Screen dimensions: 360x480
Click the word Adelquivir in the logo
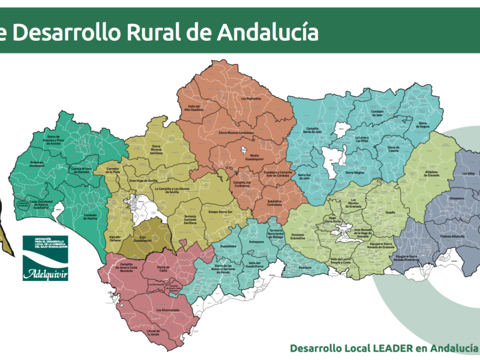[x=45, y=274]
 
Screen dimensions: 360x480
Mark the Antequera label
[x=256, y=242]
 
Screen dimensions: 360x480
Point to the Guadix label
[x=391, y=212]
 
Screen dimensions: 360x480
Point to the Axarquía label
[x=305, y=268]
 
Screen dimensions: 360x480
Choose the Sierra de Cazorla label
[x=394, y=148]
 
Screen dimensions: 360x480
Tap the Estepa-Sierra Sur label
[x=221, y=211]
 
